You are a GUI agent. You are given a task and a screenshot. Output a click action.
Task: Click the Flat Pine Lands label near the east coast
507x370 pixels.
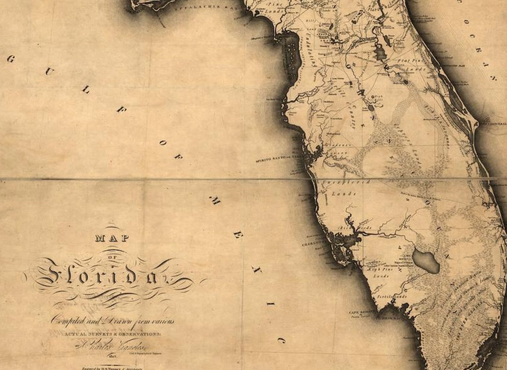[411, 64]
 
